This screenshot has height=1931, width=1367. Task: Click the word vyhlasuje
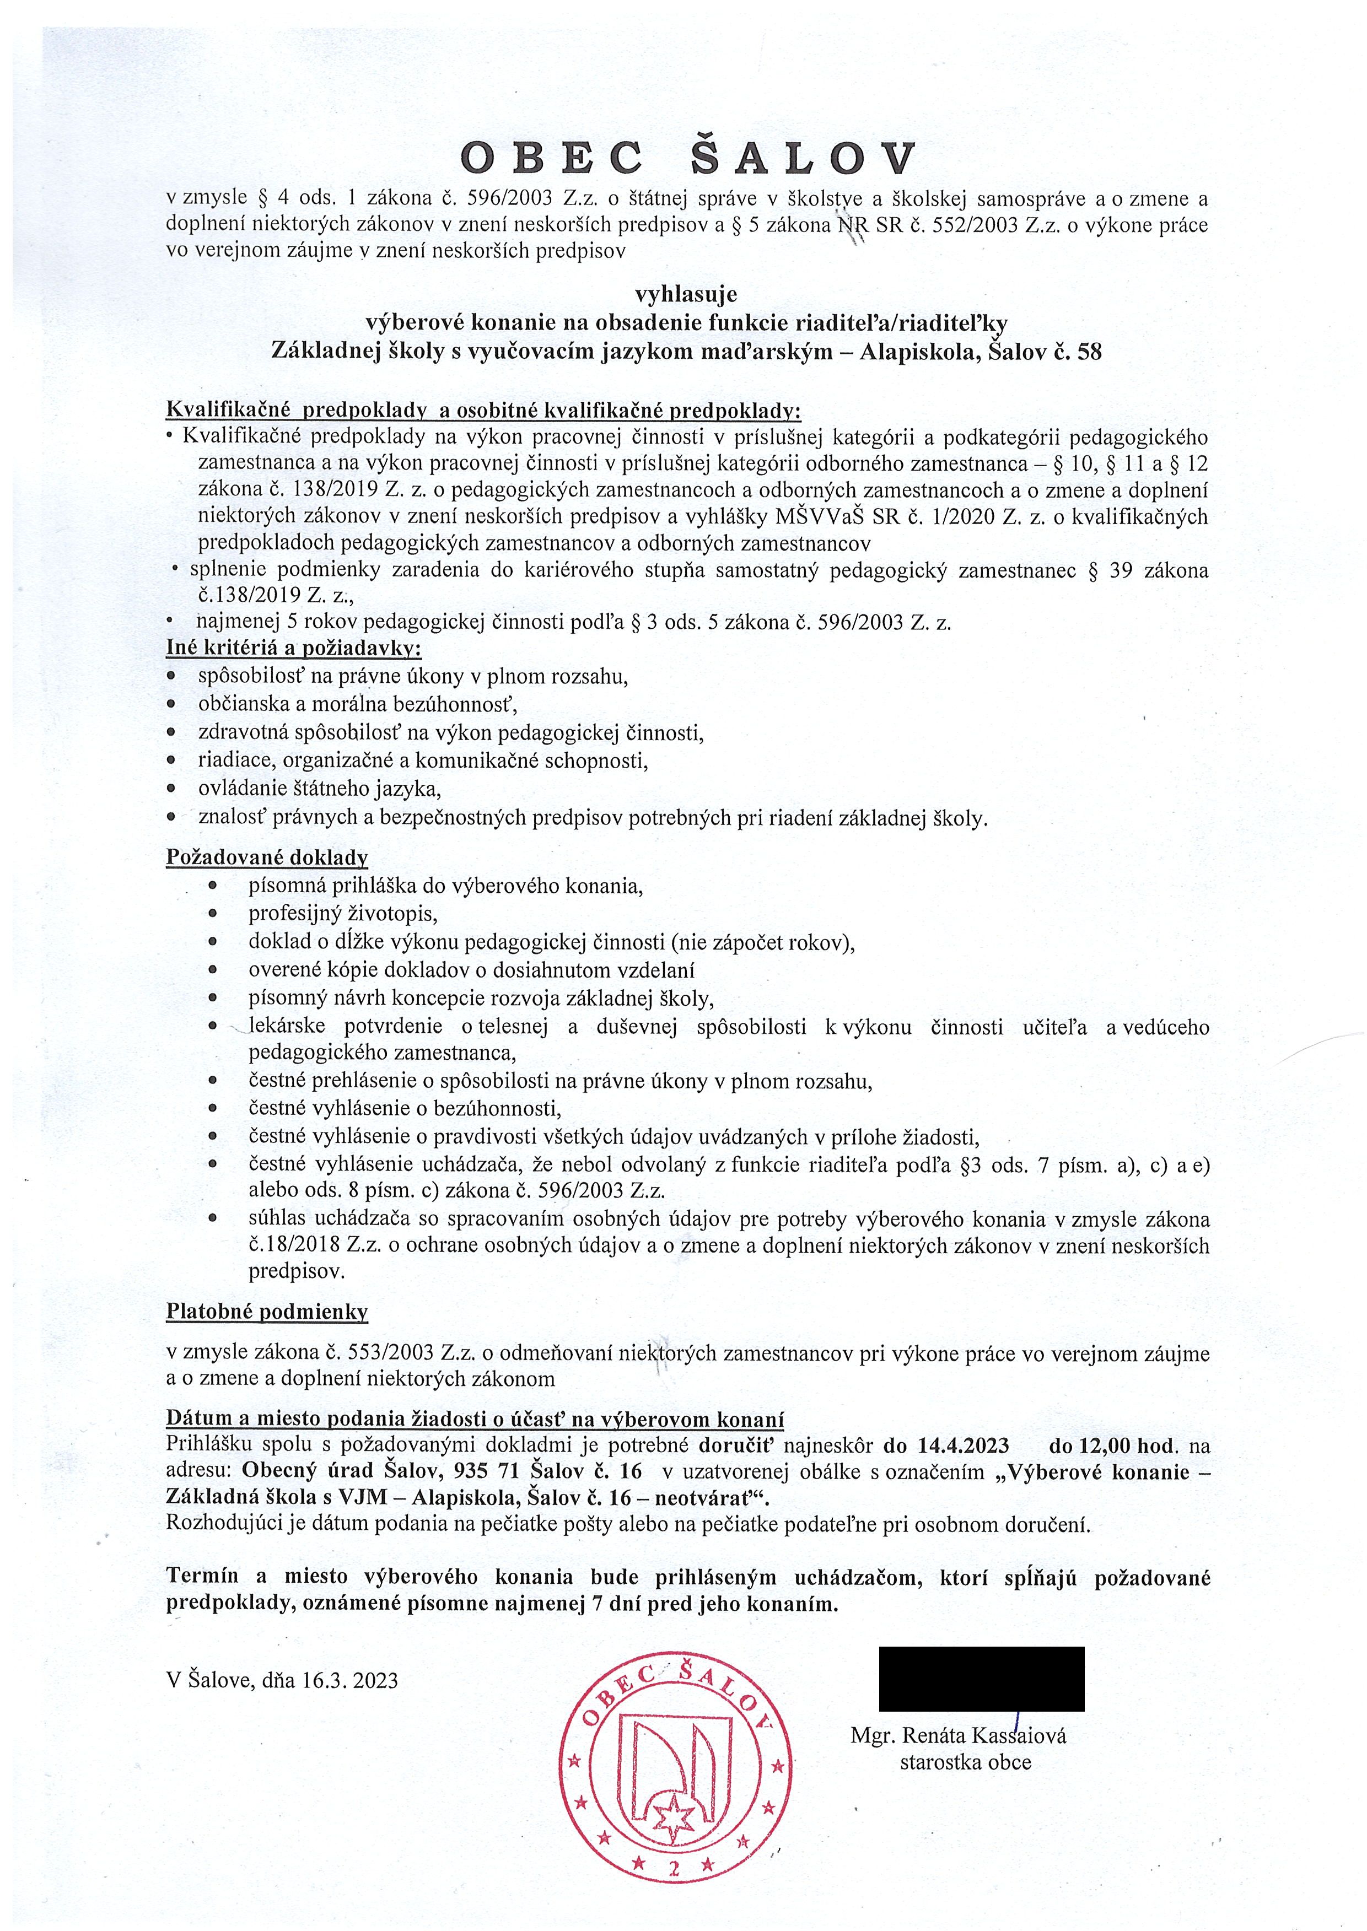tap(686, 294)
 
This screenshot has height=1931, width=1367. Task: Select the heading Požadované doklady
tap(267, 857)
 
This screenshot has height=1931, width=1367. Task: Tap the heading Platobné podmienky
tap(267, 1312)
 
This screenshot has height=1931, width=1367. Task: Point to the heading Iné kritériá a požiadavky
tap(294, 648)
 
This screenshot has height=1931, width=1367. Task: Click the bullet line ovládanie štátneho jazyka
tap(319, 789)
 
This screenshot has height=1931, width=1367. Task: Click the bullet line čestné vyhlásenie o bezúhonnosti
tap(404, 1108)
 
